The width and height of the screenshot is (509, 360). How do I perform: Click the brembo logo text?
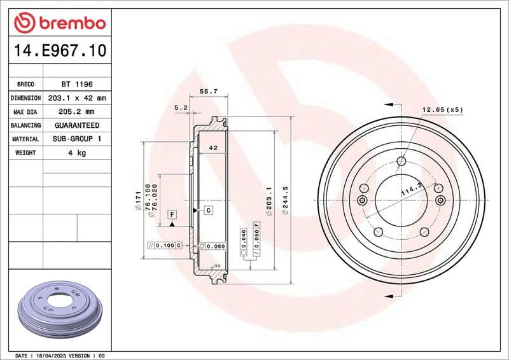(69, 24)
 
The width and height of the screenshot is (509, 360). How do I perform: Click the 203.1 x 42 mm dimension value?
(76, 98)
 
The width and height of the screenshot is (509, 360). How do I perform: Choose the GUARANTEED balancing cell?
(76, 125)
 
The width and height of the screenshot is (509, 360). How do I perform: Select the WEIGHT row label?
(26, 153)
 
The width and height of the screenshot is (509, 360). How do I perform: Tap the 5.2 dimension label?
(181, 108)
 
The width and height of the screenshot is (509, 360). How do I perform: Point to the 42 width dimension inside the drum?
(213, 148)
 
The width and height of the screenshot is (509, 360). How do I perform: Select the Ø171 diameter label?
(137, 202)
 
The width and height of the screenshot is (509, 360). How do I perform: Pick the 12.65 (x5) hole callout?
(442, 109)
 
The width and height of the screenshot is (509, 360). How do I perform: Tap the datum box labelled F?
(172, 214)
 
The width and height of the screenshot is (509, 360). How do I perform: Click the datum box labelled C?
(207, 209)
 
